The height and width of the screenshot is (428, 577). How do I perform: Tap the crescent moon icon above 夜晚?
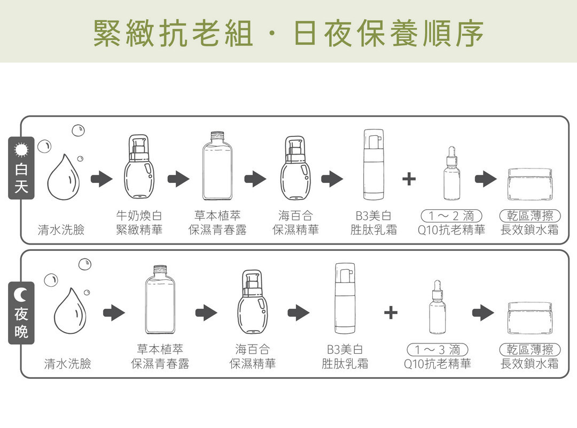21,293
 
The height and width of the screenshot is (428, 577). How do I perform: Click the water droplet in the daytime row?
63,176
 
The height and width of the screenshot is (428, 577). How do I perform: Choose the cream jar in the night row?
529,315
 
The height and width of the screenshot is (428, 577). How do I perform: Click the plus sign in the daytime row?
409,179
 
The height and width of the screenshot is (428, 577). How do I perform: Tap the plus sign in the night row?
391,312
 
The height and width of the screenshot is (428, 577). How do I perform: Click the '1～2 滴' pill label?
451,216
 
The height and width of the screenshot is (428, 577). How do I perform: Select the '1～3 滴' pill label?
438,350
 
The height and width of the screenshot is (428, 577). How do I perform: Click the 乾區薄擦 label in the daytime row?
529,216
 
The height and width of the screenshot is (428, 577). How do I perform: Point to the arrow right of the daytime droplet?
102,179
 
